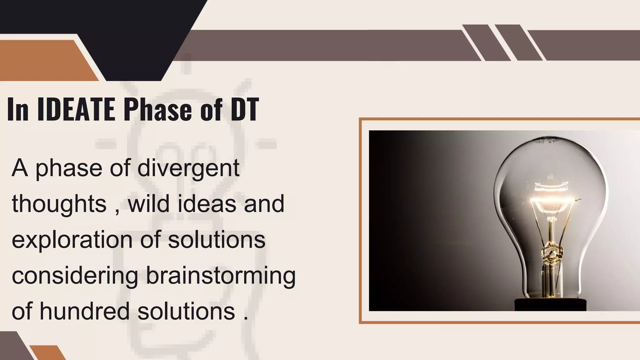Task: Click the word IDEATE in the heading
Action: pos(76,109)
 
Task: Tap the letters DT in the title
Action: pos(245,109)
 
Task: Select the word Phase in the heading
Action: pos(158,109)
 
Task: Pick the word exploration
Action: pos(72,240)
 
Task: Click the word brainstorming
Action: pos(221,276)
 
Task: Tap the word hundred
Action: pos(84,311)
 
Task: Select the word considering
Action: pos(75,276)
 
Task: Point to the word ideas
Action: pos(207,204)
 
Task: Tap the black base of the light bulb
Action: pos(550,305)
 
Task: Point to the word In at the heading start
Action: pos(18,109)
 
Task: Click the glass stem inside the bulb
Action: pos(552,237)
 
